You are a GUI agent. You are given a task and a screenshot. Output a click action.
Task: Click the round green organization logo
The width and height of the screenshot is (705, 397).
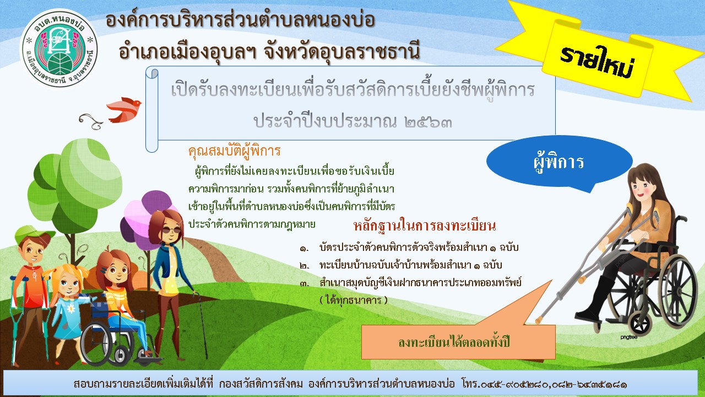pos(59,49)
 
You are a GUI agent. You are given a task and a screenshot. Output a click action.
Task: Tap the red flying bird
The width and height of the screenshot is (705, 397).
pos(124,109)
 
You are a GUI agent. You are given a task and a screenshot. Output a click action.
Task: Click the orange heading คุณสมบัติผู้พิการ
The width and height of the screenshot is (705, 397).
pos(234,151)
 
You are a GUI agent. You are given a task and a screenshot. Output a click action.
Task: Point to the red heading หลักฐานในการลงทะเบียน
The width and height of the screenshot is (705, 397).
pos(425,226)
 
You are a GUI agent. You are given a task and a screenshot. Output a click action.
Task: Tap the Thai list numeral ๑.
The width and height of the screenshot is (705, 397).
pos(303,249)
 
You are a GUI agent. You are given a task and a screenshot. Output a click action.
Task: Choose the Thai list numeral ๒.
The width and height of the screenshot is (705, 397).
pos(305,266)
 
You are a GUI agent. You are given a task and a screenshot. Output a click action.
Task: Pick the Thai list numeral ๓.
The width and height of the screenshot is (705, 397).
pos(305,283)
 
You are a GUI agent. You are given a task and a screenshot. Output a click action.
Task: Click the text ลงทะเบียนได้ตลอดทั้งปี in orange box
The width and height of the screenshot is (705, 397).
pos(453,342)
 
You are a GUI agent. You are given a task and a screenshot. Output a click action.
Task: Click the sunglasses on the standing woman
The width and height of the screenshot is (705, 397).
pos(172,230)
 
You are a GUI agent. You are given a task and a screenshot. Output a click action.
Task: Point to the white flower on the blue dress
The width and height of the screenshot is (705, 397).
pos(71,308)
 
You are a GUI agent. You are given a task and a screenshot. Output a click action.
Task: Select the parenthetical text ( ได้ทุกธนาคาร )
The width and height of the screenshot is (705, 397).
pos(354,300)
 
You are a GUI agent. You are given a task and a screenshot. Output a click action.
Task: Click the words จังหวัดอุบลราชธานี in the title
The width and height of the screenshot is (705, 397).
pos(342,51)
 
